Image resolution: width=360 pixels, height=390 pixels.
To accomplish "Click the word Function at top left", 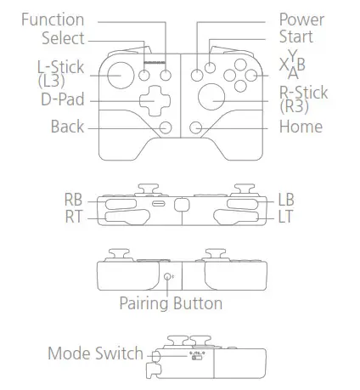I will (52, 20).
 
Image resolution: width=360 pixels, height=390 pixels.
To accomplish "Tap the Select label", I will (63, 37).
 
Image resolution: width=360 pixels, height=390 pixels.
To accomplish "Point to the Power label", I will (301, 19).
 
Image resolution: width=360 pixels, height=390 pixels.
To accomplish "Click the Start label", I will (295, 37).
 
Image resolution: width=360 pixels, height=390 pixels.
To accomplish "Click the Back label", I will (67, 127).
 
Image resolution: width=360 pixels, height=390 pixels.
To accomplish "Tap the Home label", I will (301, 127).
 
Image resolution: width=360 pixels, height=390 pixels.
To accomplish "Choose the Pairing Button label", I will (171, 303).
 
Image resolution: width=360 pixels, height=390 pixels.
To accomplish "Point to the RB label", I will (74, 200).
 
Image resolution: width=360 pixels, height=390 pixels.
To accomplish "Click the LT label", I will (286, 218).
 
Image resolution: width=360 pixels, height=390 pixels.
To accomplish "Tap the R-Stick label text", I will (303, 93).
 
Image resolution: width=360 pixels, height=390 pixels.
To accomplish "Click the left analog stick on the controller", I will (121, 74).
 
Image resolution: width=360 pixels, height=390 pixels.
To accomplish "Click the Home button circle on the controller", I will (195, 127).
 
